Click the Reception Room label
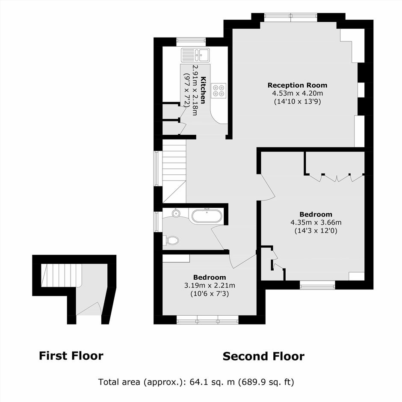297,85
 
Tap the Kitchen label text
203,90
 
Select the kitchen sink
195,55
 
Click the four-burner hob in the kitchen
219,91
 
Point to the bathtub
207,216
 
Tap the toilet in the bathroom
171,241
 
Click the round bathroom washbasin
176,213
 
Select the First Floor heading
71,356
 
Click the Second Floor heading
263,356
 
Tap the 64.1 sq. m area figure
212,382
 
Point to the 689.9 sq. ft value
266,382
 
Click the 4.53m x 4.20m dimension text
297,93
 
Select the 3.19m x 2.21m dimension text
210,285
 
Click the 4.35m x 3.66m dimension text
316,222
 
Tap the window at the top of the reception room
291,17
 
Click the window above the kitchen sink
191,42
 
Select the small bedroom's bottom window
208,320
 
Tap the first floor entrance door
89,309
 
